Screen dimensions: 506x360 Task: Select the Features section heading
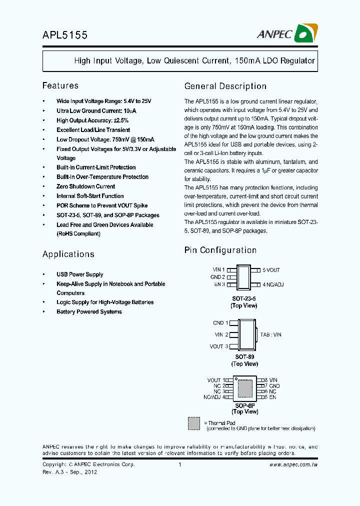click(x=60, y=85)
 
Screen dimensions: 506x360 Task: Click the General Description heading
click(x=225, y=86)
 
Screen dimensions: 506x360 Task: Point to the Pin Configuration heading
click(x=220, y=250)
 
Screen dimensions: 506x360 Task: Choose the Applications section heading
click(x=68, y=254)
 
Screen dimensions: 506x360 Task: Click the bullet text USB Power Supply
click(x=80, y=274)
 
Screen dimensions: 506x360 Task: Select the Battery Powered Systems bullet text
click(x=89, y=311)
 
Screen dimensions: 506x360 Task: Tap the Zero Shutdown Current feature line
click(x=85, y=186)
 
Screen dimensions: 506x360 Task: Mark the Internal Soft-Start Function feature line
click(x=90, y=196)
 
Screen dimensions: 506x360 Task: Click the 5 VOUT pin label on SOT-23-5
click(x=271, y=270)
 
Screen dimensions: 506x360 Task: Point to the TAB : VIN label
click(x=271, y=334)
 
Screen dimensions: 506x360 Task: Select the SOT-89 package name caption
click(x=244, y=357)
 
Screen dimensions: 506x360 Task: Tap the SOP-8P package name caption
click(x=244, y=405)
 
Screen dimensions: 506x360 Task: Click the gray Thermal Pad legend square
click(x=194, y=423)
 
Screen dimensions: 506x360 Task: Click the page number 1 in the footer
click(x=179, y=464)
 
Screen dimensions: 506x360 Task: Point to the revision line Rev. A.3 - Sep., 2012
click(x=69, y=471)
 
